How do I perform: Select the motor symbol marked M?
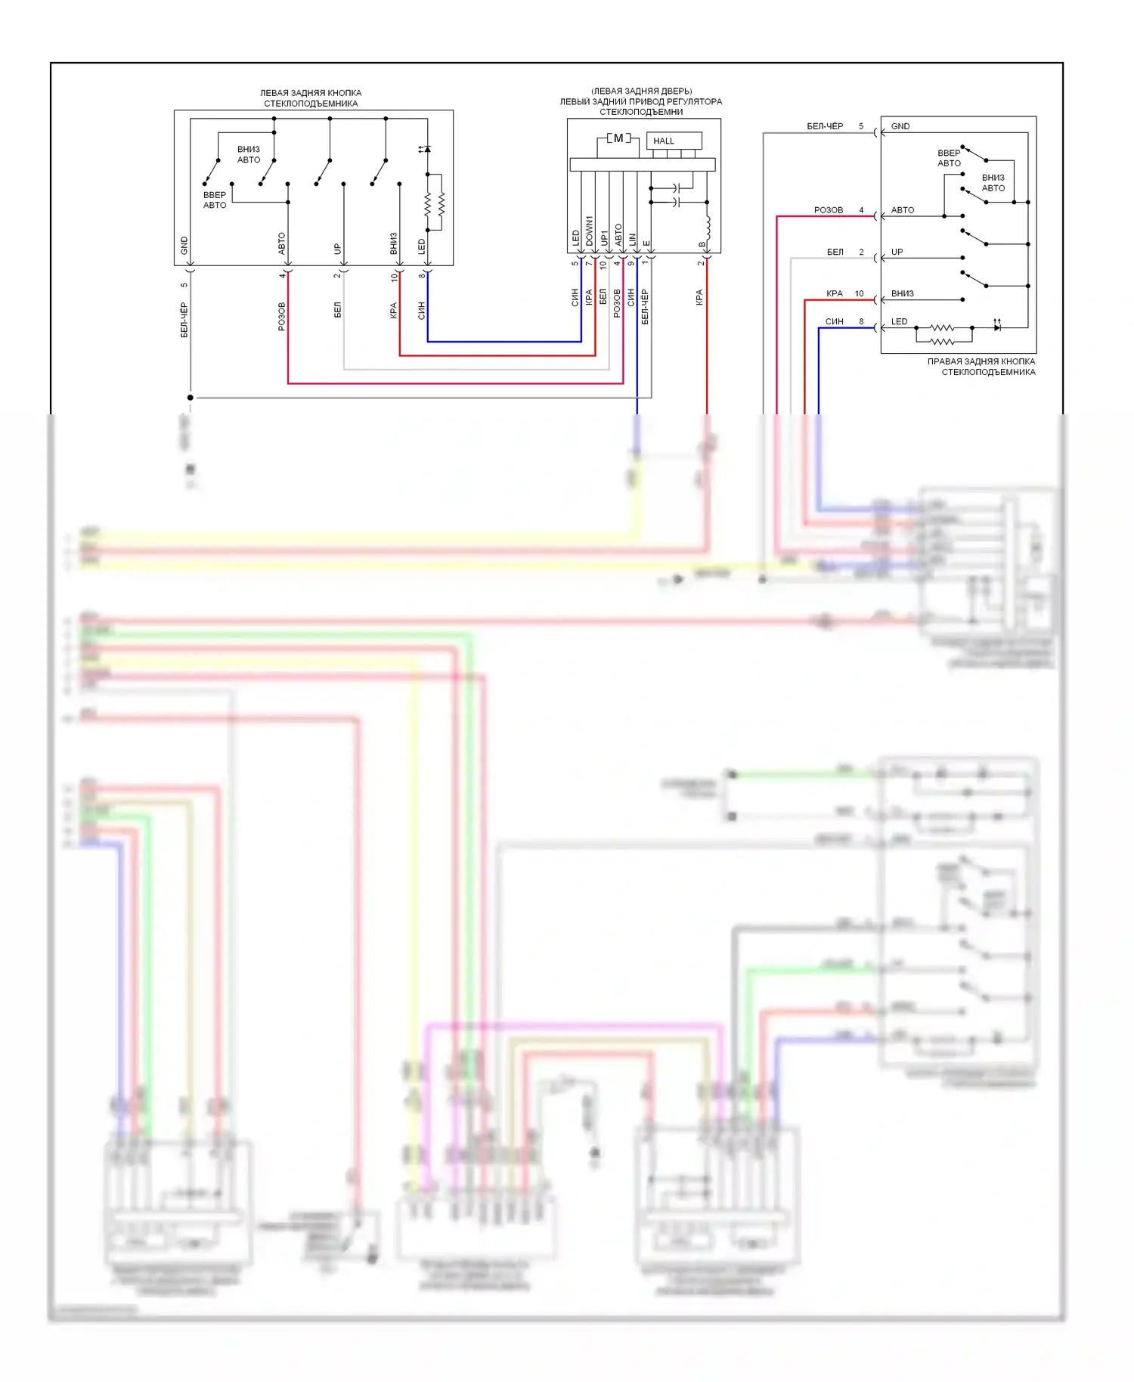(x=618, y=138)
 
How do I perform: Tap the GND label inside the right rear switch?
(x=900, y=126)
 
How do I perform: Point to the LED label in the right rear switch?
(x=899, y=321)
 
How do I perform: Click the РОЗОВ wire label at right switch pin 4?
(x=829, y=210)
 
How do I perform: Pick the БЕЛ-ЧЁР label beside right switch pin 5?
(x=825, y=126)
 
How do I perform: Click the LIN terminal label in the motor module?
(x=633, y=239)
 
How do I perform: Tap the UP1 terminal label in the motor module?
(x=604, y=237)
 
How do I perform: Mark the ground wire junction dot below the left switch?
(x=191, y=397)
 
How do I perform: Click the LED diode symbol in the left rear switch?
(x=427, y=150)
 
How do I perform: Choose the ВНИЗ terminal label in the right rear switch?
(x=902, y=293)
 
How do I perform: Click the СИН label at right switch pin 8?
(x=834, y=321)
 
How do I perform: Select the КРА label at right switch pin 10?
(x=834, y=293)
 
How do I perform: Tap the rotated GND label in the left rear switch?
(x=184, y=245)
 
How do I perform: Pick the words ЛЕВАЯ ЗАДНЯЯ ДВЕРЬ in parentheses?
(x=641, y=91)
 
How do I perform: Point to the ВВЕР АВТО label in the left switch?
(x=215, y=200)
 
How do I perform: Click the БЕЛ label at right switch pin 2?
(x=835, y=252)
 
